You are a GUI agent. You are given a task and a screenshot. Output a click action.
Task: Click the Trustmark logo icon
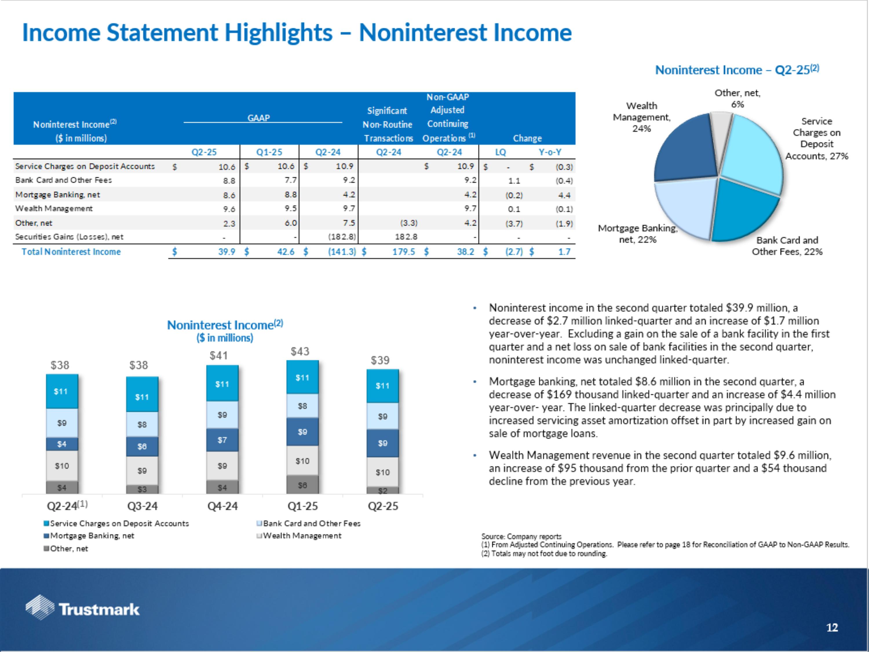40,607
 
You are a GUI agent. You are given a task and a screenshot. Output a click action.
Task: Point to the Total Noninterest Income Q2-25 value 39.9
227,252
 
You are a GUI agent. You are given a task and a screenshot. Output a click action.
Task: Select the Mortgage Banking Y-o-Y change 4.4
564,195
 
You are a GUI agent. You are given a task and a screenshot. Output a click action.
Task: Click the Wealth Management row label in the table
54,209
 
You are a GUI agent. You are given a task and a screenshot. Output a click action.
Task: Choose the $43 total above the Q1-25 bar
300,351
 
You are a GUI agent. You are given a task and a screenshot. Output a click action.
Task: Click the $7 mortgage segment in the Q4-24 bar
222,440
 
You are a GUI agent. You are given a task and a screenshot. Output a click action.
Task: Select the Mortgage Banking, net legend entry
92,536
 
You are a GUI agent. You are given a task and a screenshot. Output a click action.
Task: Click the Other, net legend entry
69,549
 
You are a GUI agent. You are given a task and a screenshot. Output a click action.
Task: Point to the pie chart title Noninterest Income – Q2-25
737,70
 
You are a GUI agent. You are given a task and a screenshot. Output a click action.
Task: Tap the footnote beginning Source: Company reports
521,536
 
